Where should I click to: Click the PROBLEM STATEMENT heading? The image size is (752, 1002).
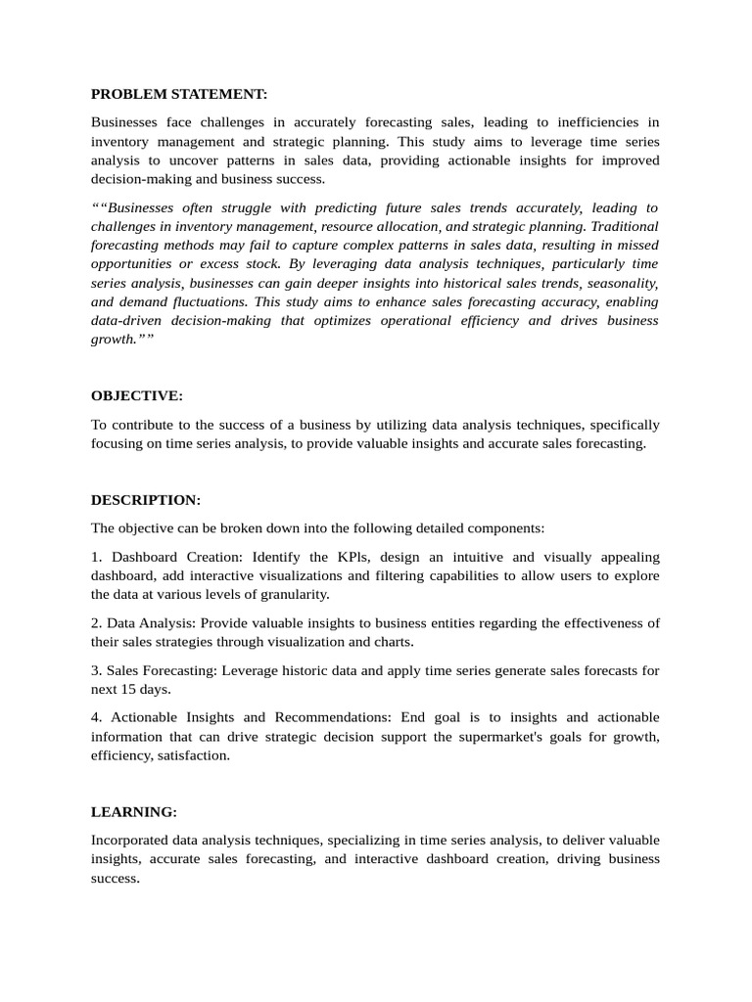coord(179,94)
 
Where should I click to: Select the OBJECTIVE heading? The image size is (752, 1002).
coord(137,395)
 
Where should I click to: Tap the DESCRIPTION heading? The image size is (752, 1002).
coord(146,499)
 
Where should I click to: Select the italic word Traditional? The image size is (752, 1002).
coord(624,226)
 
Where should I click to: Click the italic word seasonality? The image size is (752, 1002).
coord(620,283)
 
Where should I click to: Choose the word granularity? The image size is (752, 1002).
coord(291,594)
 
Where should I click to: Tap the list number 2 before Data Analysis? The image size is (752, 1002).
coord(96,623)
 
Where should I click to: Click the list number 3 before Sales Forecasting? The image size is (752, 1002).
coord(96,670)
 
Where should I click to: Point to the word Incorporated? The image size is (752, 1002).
coord(130,840)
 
